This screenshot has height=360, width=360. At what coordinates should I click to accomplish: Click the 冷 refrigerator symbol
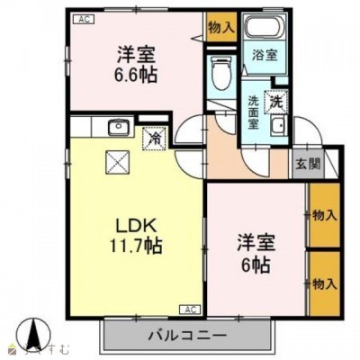click(x=155, y=139)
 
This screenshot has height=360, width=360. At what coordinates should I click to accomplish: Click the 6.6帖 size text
click(x=133, y=75)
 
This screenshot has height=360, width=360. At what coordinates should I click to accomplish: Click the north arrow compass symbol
click(x=35, y=336)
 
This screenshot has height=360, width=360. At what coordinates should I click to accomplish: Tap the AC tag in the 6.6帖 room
click(x=83, y=18)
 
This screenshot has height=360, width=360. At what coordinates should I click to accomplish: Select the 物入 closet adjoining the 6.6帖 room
click(x=220, y=27)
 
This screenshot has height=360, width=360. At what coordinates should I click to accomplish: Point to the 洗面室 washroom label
click(x=255, y=114)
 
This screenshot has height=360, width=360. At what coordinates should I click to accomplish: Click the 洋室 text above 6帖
click(x=251, y=241)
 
